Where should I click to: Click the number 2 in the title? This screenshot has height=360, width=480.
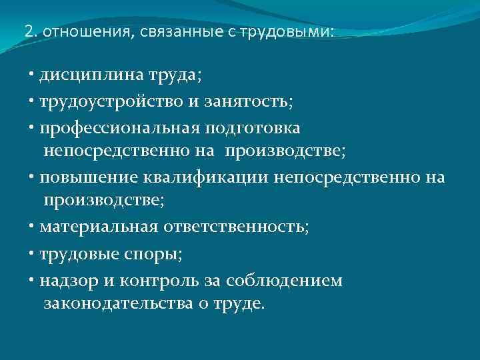tap(27, 31)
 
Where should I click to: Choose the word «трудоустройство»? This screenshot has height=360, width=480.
tap(109, 101)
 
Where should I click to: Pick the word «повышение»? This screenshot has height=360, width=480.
tap(87, 177)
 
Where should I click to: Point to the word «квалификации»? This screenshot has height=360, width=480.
tap(205, 177)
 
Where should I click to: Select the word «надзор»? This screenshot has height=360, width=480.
tap(67, 280)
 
